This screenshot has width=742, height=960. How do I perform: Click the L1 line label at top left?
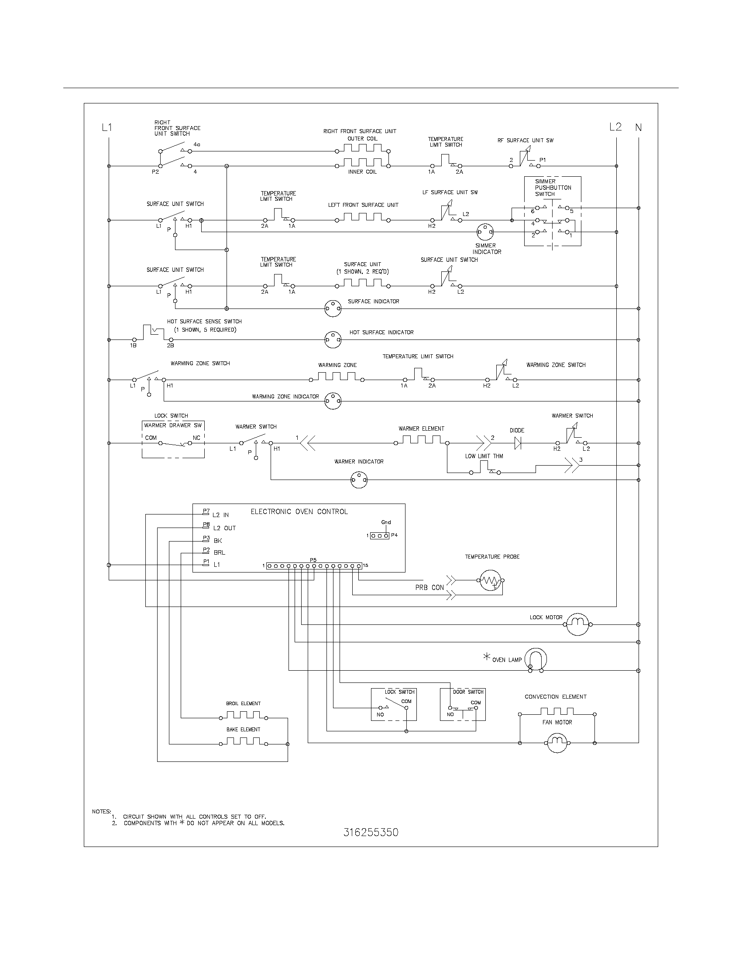pos(107,127)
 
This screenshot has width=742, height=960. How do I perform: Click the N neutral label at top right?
pos(638,127)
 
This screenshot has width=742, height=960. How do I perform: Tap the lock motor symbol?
pos(577,624)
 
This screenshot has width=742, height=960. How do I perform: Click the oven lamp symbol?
pos(537,659)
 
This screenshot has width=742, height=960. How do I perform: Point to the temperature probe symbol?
pos(490,581)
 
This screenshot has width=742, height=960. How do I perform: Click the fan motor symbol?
pos(557,743)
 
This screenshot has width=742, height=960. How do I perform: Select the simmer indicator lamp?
pos(485,232)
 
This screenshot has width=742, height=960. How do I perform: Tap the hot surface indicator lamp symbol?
pos(333,340)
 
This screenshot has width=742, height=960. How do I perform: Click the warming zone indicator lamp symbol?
pos(333,401)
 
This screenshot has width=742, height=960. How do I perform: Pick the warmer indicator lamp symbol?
pos(359,480)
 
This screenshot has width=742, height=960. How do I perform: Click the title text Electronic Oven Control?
pos(299,512)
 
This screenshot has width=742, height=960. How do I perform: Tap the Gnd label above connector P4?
pos(386,522)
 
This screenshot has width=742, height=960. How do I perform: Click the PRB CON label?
pos(429,588)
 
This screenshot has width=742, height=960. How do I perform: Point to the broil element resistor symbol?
pos(243,718)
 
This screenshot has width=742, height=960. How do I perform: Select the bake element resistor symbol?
pos(243,744)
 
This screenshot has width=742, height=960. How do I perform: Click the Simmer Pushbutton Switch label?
pos(553,188)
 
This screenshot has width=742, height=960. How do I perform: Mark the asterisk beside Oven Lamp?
pos(487,657)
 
